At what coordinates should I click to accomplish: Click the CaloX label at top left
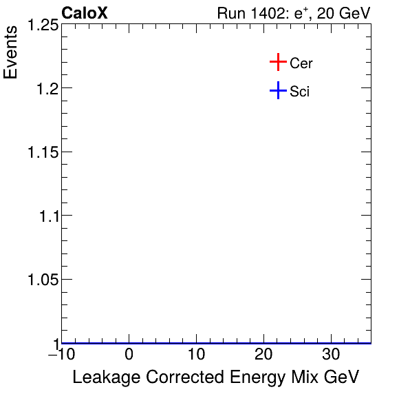(x=85, y=13)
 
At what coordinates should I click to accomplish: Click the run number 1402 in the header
(x=264, y=13)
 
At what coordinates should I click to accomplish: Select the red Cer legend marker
(x=277, y=63)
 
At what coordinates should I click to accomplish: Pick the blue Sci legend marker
(x=277, y=90)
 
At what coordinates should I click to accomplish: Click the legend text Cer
(x=301, y=63)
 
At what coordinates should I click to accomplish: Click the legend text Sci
(x=299, y=91)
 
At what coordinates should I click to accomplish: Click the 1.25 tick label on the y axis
(x=42, y=25)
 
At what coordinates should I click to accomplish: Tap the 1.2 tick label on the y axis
(x=46, y=88)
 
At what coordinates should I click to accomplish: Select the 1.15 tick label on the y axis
(x=42, y=152)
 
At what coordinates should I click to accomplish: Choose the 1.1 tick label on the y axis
(x=46, y=216)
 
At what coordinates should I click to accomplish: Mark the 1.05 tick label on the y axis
(x=42, y=279)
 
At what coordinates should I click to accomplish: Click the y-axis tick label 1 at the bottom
(x=55, y=342)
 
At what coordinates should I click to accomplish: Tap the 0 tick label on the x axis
(x=129, y=355)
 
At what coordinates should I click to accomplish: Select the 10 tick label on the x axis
(x=196, y=355)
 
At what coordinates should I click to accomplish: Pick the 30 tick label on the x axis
(x=331, y=355)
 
